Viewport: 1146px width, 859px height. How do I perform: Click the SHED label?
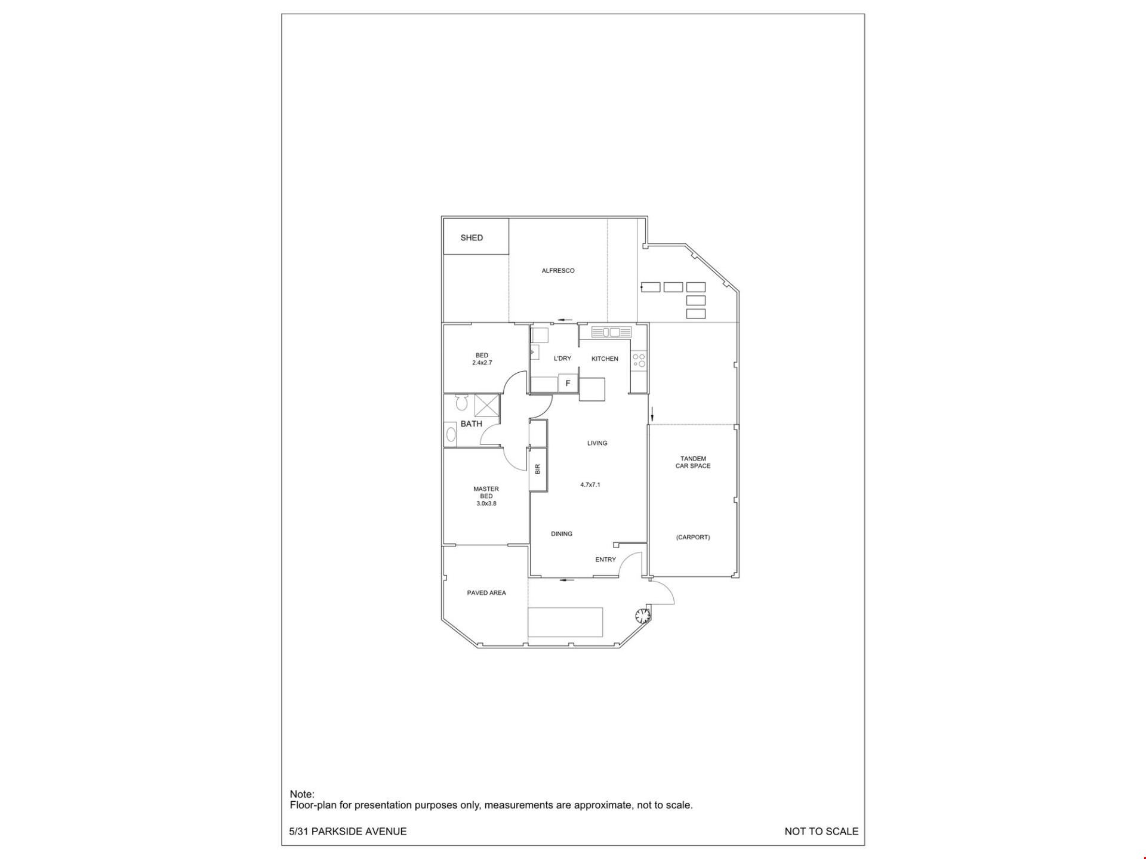[472, 237]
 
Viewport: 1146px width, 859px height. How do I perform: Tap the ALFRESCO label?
[558, 271]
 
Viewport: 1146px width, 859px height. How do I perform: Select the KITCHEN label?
[605, 359]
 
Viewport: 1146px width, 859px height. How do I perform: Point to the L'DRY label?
[562, 359]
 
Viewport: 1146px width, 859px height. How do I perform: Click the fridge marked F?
[568, 384]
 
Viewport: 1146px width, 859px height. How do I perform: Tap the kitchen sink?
[611, 332]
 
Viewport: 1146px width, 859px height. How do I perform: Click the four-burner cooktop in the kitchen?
[639, 360]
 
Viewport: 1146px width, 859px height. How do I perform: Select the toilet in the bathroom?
[460, 403]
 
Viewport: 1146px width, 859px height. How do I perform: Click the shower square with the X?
[486, 405]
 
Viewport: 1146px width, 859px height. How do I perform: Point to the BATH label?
[471, 424]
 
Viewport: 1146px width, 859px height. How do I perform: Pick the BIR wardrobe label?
[538, 469]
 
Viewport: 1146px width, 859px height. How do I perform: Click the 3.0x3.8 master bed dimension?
[486, 503]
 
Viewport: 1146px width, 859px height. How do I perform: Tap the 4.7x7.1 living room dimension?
[590, 485]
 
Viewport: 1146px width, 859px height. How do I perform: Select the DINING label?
[562, 534]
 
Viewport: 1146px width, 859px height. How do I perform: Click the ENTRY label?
[605, 560]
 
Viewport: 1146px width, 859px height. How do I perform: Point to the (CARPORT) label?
[693, 537]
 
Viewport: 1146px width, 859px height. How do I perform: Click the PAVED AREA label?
[486, 593]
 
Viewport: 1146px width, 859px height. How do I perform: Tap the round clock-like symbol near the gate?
[642, 615]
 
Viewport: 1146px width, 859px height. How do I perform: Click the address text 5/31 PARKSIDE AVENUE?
[348, 832]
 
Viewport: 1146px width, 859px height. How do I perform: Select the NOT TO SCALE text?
[821, 832]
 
